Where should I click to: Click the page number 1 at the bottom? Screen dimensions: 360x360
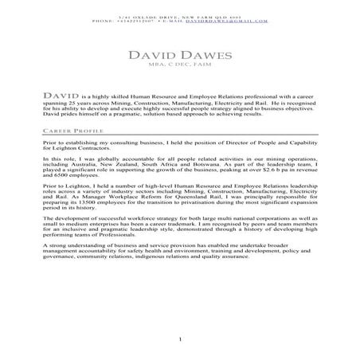tap(180, 342)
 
